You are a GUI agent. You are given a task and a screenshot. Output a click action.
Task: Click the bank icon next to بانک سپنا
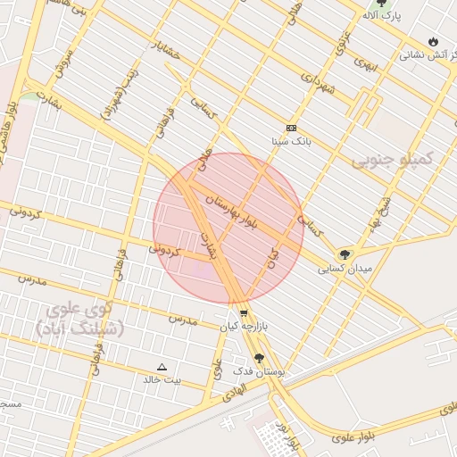290,128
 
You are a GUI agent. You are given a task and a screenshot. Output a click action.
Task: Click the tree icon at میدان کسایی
345,254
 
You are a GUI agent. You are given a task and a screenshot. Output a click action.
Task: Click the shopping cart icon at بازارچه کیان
244,312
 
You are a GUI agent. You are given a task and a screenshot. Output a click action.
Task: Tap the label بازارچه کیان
245,327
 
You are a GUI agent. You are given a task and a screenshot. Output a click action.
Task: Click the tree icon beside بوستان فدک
260,357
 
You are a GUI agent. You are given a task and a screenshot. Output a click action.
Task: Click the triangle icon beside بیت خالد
162,367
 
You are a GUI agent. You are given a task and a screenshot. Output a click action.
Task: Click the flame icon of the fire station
434,41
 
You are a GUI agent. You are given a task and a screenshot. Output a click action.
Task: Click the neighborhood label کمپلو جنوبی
392,159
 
